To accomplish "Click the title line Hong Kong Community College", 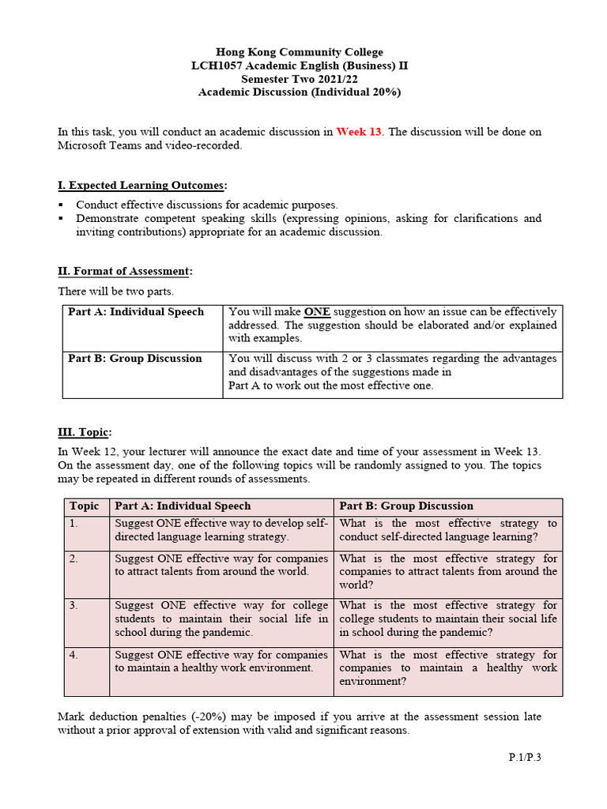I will [300, 52].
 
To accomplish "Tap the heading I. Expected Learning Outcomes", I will [141, 186].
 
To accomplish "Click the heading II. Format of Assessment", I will [124, 272].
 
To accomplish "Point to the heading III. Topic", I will [85, 432].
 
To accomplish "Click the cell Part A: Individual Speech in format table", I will [136, 312].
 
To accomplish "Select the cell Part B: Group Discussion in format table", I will [135, 359].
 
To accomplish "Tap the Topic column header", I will [85, 506].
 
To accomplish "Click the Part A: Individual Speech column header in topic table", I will [183, 506].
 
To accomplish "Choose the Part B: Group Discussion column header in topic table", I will [406, 506].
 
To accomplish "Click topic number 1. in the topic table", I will [74, 523].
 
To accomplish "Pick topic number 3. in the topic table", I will [74, 606].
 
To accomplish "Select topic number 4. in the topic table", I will [74, 655].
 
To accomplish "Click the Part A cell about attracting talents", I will [221, 565].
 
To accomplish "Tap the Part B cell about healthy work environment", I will [448, 668].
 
